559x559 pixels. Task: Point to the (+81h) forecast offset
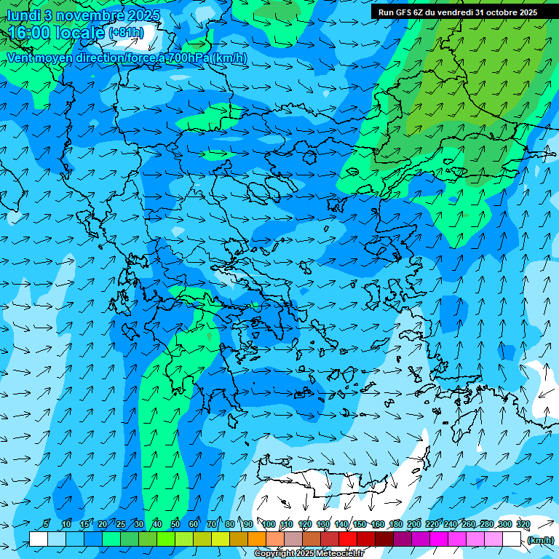click(x=126, y=33)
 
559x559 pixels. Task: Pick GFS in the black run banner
click(x=404, y=12)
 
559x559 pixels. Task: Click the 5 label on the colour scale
click(x=46, y=525)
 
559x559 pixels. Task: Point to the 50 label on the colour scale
click(x=175, y=525)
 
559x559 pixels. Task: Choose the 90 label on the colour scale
click(x=248, y=525)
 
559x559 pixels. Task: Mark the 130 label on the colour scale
click(x=323, y=525)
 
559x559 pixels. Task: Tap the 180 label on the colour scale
click(x=396, y=525)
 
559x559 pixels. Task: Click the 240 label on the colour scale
click(x=451, y=525)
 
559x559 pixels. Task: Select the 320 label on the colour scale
click(x=523, y=525)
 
